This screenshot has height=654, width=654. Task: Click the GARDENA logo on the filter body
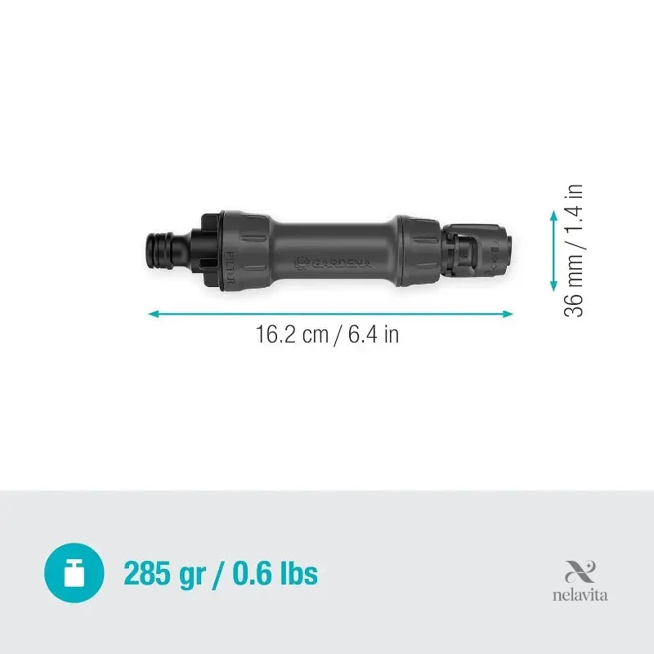click(x=333, y=262)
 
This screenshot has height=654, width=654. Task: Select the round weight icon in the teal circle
click(x=74, y=573)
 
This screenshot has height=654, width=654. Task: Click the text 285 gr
click(x=165, y=575)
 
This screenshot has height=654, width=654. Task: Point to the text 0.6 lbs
click(x=275, y=573)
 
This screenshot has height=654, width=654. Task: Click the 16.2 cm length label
click(x=292, y=334)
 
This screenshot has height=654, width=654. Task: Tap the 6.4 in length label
click(x=374, y=334)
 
